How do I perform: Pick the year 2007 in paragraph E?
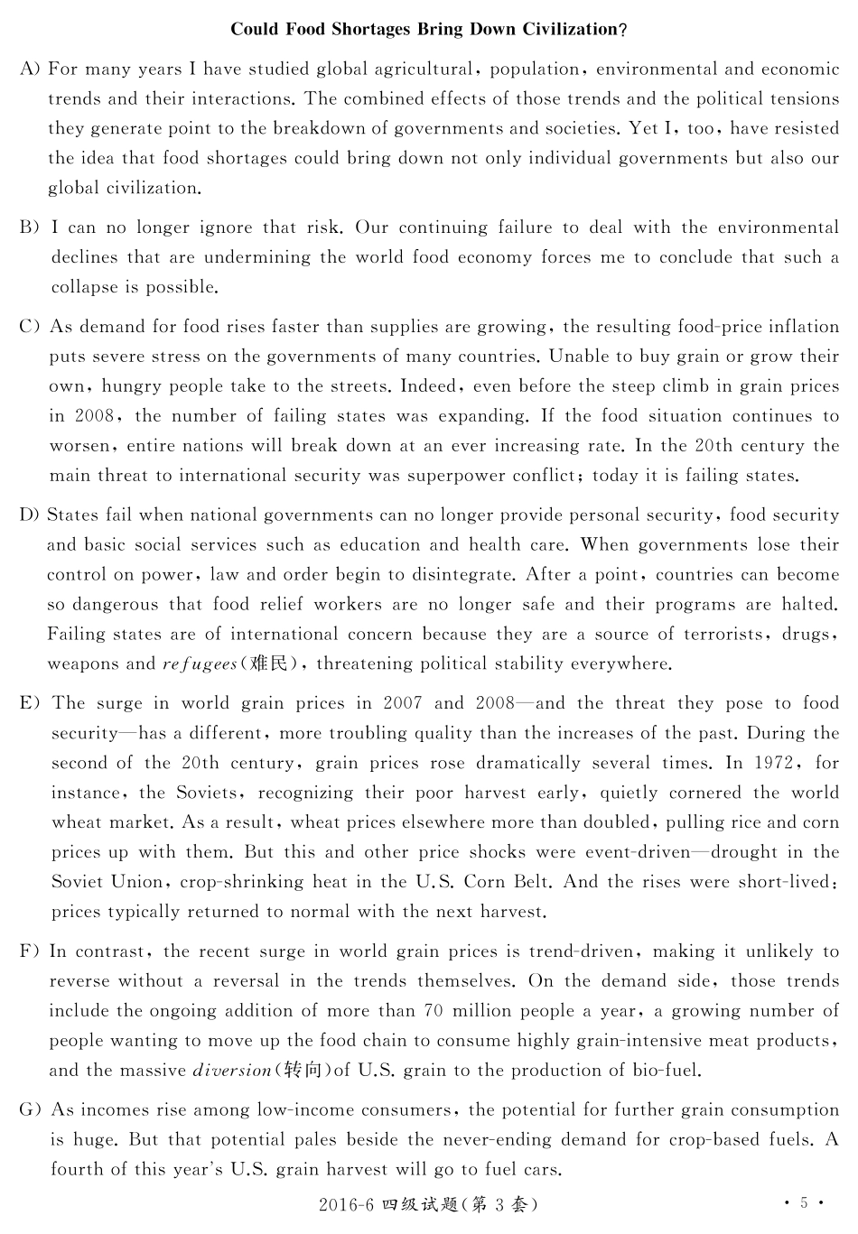[x=402, y=703]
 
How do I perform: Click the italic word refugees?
[x=200, y=664]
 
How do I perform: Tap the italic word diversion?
[x=232, y=1071]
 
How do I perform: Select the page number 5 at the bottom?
[x=804, y=1203]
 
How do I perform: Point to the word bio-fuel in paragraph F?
[x=667, y=1071]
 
